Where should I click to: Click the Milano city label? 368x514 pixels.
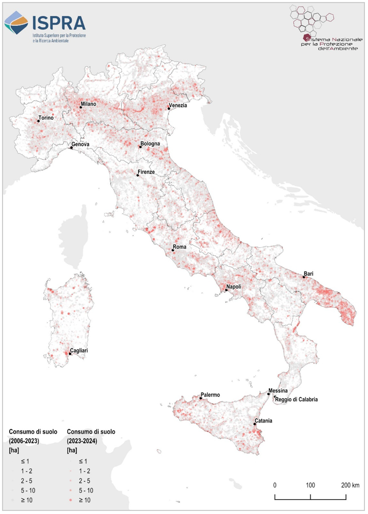point(89,104)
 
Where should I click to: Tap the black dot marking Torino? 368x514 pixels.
point(39,121)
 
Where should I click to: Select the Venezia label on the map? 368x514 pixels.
point(178,106)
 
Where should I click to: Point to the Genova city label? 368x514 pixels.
point(80,145)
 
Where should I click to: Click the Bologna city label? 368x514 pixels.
point(150,144)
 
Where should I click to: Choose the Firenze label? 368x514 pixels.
point(146,172)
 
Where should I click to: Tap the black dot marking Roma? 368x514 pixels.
point(173,250)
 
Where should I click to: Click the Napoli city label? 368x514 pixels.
point(234,287)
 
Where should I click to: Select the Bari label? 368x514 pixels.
point(309,274)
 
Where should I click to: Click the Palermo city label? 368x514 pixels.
point(210,395)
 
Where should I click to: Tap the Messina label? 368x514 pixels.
point(279,390)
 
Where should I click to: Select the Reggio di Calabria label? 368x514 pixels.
point(296,399)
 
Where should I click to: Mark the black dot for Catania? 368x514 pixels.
point(254,424)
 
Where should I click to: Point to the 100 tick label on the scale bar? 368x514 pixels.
point(310,485)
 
